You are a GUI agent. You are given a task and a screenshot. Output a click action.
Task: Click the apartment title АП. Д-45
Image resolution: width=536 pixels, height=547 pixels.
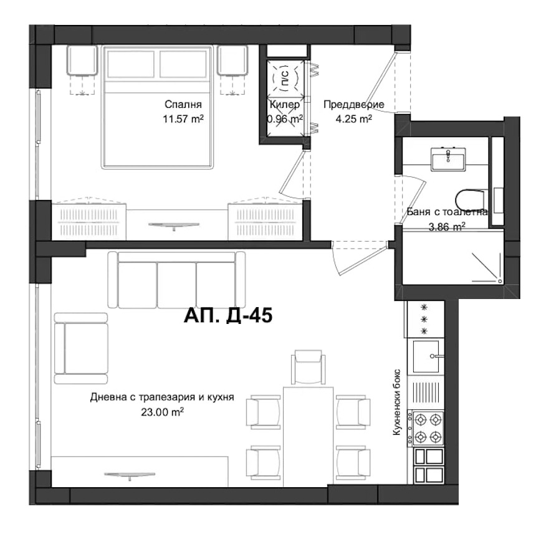pyautogui.click(x=227, y=316)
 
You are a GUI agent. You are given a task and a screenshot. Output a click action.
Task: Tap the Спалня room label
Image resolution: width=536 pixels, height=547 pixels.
pyautogui.click(x=183, y=104)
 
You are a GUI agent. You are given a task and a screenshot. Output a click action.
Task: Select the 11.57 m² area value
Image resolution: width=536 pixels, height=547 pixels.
pyautogui.click(x=183, y=119)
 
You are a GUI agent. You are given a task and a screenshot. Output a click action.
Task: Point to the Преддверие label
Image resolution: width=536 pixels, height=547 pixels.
pyautogui.click(x=353, y=104)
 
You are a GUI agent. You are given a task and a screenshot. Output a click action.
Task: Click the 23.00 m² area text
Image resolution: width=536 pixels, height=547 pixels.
pyautogui.click(x=162, y=412)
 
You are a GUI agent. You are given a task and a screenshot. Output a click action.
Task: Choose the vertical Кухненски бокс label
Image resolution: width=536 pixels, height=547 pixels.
pyautogui.click(x=396, y=402)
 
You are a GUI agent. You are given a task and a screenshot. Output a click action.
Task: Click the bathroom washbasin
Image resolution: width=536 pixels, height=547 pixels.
pyautogui.click(x=448, y=159)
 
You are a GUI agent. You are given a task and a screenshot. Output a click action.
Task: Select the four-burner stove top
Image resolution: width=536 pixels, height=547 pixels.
pyautogui.click(x=428, y=427)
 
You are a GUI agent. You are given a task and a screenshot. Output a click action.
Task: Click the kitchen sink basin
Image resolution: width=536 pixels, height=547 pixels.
pyautogui.click(x=426, y=356)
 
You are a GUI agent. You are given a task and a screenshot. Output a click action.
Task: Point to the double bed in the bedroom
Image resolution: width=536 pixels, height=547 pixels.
pyautogui.click(x=157, y=107)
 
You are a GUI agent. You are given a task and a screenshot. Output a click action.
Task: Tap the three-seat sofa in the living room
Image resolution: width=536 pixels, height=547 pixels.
pyautogui.click(x=176, y=280)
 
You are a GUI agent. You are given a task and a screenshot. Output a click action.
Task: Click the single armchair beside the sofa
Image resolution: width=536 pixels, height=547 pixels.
pyautogui.click(x=81, y=348)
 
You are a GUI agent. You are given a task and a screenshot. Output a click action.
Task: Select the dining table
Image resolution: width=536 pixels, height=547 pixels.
pyautogui.click(x=308, y=436)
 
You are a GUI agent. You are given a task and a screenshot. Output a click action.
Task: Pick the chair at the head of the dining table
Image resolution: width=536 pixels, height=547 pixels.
pyautogui.click(x=308, y=368)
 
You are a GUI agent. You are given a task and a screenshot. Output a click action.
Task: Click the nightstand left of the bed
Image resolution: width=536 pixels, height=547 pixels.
pyautogui.click(x=82, y=60)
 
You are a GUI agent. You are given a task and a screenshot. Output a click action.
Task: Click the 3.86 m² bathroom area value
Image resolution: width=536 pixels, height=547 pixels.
pyautogui.click(x=447, y=227)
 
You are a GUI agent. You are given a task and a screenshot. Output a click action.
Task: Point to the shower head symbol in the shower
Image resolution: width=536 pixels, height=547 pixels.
pyautogui.click(x=500, y=281)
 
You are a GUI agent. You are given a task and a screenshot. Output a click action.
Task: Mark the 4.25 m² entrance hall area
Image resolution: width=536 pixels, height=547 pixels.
pyautogui.click(x=353, y=119)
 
